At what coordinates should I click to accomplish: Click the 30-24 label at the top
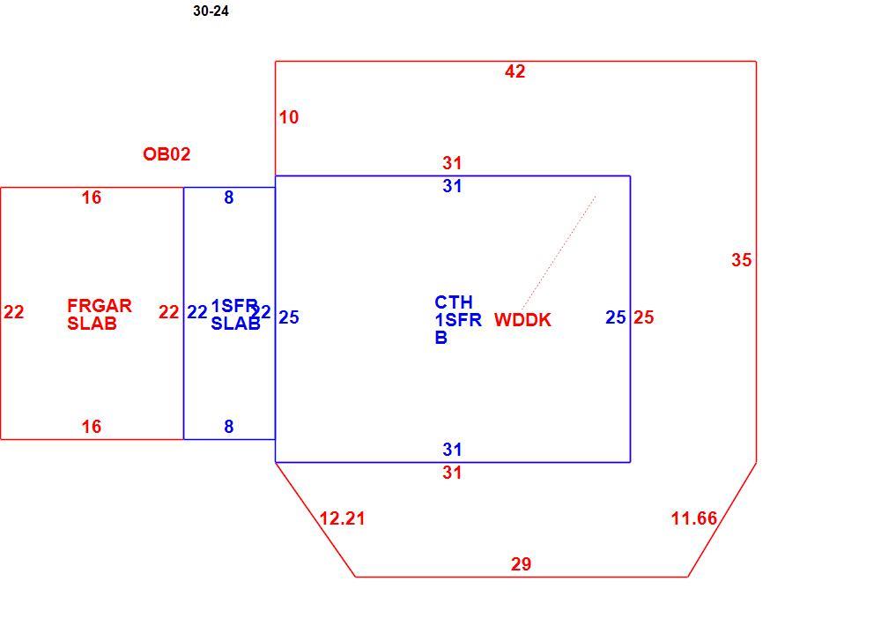click(211, 11)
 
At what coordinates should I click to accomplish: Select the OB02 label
click(167, 154)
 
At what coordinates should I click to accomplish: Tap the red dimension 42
click(515, 71)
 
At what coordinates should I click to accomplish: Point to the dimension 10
click(289, 117)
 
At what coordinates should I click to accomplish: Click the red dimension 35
click(742, 260)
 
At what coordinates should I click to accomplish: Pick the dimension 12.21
click(342, 518)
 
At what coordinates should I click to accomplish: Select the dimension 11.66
click(694, 518)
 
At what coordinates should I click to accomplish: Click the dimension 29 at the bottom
click(521, 564)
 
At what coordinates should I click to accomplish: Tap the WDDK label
click(522, 320)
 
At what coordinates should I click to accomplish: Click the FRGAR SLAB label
click(100, 314)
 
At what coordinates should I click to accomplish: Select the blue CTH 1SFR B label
click(458, 320)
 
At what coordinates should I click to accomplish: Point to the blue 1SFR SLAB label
click(235, 314)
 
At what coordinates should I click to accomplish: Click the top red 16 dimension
click(92, 198)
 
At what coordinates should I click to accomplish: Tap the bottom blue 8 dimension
click(229, 427)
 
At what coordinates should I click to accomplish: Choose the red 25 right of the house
click(644, 317)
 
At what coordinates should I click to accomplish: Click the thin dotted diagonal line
click(559, 252)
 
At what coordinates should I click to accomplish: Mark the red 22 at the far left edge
click(14, 312)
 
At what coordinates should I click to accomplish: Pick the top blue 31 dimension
click(452, 186)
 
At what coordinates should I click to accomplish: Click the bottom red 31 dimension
click(452, 473)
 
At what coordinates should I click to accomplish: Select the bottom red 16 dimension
click(92, 427)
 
